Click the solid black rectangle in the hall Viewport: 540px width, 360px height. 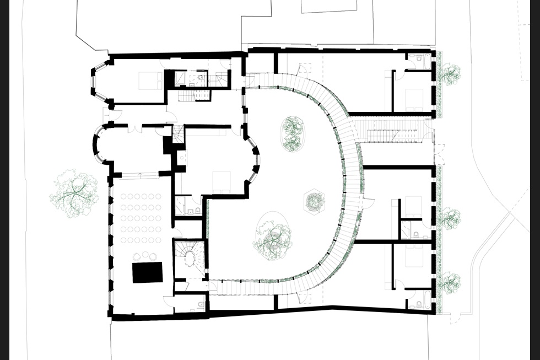(148, 272)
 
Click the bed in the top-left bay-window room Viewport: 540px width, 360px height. (149, 80)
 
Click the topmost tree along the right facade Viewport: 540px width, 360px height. (450, 73)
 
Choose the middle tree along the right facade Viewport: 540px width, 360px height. (450, 218)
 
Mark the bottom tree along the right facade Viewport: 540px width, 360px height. (450, 282)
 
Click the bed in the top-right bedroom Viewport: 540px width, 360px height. (415, 100)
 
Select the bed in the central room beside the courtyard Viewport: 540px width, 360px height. (222, 181)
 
